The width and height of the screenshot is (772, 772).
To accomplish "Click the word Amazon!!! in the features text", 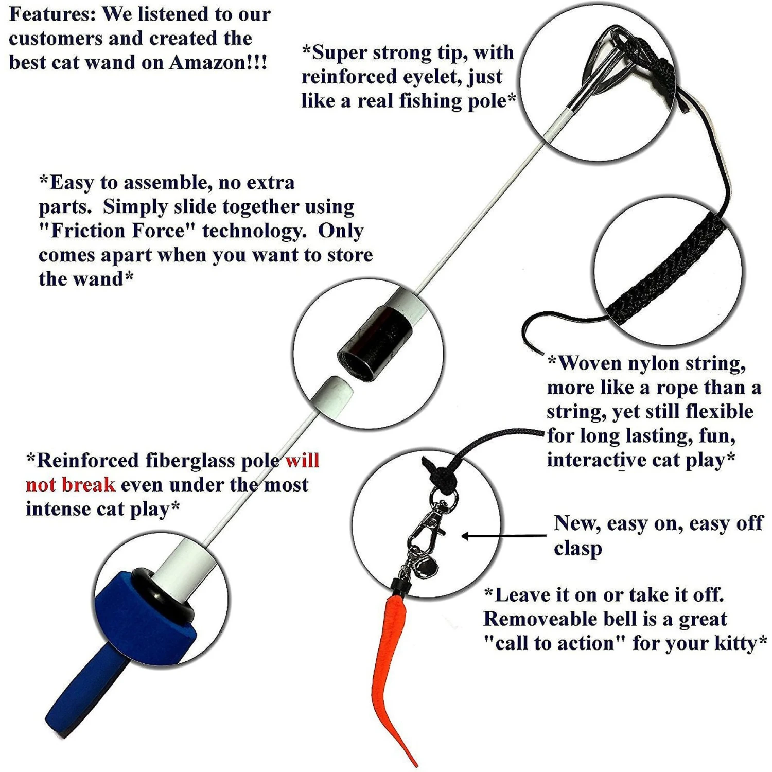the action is tap(218, 62).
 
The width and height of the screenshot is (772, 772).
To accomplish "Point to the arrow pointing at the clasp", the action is tap(504, 536).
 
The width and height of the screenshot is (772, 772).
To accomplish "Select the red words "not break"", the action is tap(70, 485).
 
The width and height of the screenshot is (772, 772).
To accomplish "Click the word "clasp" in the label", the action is tap(578, 548).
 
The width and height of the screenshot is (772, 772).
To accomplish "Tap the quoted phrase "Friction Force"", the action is tap(112, 231).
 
